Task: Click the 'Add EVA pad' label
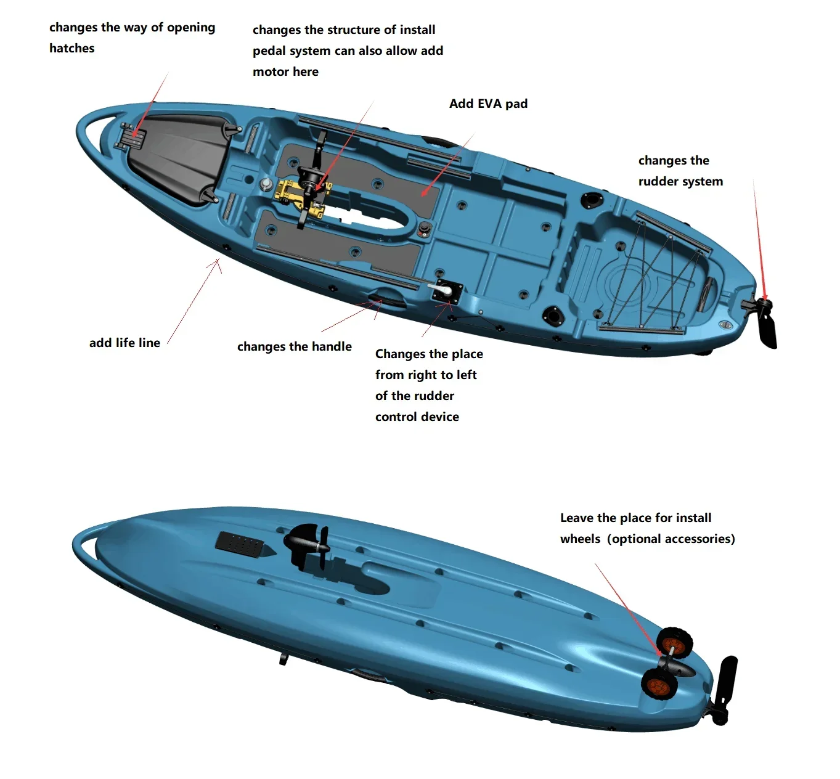[488, 104]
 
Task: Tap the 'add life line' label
[124, 343]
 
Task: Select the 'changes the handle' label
[294, 346]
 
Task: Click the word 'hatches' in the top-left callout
[71, 48]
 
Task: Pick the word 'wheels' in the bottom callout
[580, 539]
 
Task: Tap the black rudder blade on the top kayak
[767, 327]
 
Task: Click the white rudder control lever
[440, 288]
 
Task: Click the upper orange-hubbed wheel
[674, 643]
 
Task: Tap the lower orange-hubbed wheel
[659, 684]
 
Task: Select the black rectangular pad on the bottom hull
[239, 544]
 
